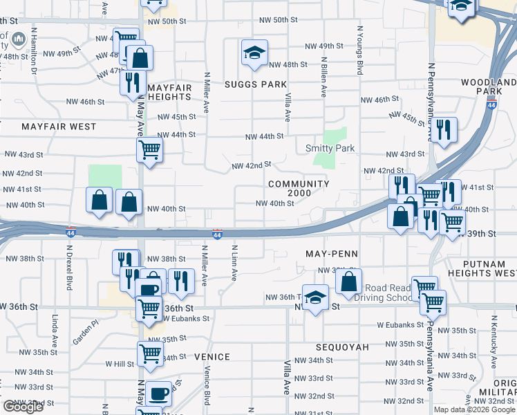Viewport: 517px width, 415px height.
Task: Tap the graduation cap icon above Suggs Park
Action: (254, 52)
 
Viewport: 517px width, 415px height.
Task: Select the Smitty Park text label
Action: (330, 148)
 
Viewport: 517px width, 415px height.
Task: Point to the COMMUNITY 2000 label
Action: (299, 188)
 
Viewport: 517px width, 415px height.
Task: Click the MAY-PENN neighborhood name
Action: (332, 254)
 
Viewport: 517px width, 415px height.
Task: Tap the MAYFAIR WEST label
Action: (59, 127)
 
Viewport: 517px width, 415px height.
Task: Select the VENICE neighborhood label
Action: (211, 356)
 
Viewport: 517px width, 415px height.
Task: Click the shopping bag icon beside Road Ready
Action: (349, 281)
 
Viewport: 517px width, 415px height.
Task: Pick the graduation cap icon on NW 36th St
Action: (315, 297)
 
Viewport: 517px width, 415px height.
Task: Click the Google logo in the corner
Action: (23, 407)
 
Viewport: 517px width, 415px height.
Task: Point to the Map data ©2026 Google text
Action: (474, 409)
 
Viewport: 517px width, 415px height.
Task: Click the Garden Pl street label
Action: (87, 335)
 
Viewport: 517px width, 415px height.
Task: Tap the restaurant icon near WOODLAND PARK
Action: (443, 129)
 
